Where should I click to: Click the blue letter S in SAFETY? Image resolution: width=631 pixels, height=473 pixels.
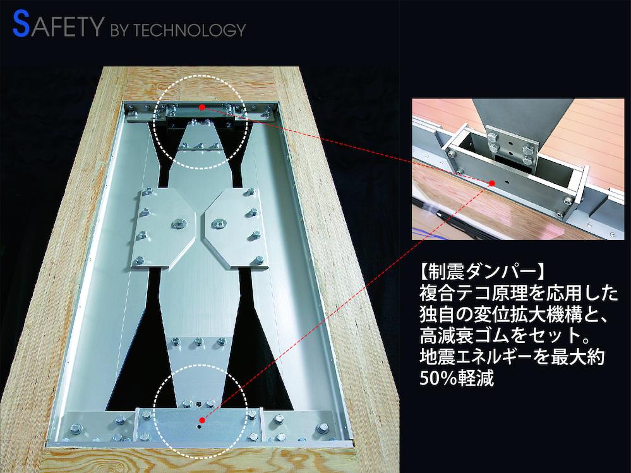pyautogui.click(x=21, y=24)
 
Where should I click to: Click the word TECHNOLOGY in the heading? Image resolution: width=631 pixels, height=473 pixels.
pyautogui.click(x=189, y=30)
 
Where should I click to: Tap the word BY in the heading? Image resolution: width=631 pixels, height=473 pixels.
pyautogui.click(x=119, y=30)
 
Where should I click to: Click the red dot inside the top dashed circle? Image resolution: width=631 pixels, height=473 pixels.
pyautogui.click(x=202, y=107)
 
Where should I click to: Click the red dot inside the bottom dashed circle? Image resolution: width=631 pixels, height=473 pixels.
pyautogui.click(x=202, y=421)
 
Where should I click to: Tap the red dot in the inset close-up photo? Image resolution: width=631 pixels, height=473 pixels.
pyautogui.click(x=491, y=183)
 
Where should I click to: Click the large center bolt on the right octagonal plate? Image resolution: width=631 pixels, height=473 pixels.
pyautogui.click(x=218, y=222)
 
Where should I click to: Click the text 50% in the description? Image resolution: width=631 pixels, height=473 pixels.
pyautogui.click(x=438, y=378)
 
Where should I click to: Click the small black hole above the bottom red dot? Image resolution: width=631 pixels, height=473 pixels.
pyautogui.click(x=199, y=403)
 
